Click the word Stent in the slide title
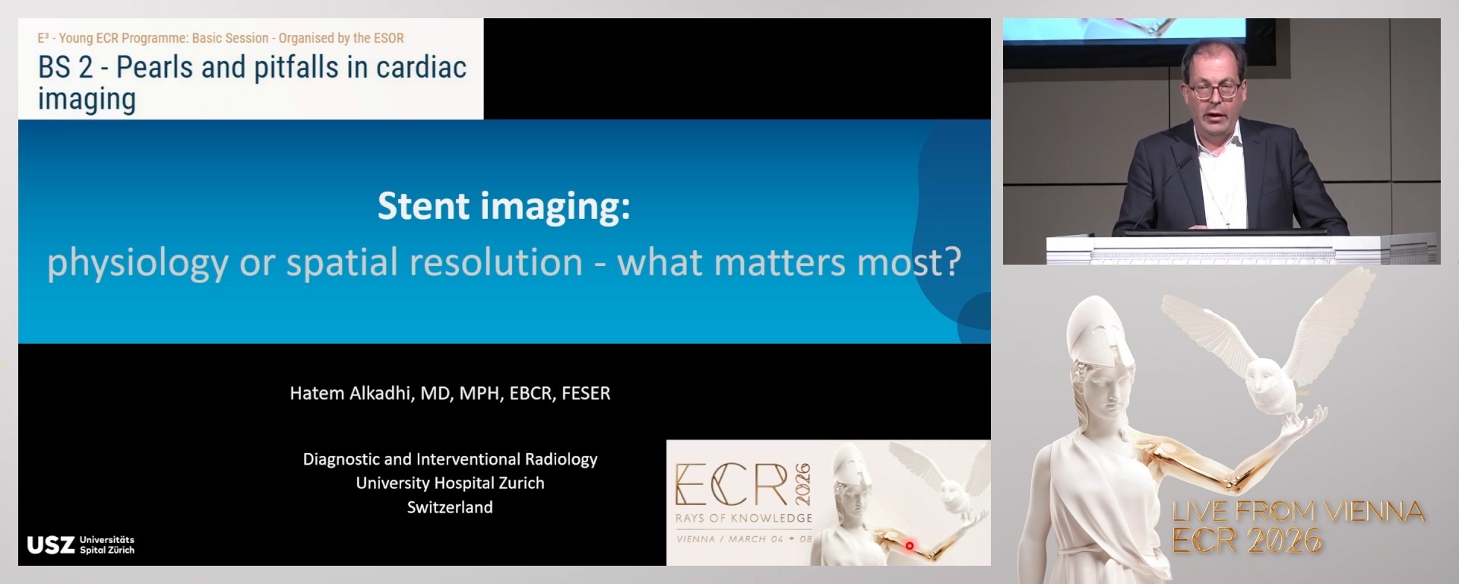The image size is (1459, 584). tap(423, 206)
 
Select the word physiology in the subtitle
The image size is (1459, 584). tap(138, 263)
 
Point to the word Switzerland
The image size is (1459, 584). tap(450, 507)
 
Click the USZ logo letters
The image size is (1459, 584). tap(51, 545)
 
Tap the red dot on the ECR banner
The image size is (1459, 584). tap(910, 546)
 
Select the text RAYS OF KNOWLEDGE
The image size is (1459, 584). tap(744, 518)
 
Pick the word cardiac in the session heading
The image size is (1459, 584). tap(421, 68)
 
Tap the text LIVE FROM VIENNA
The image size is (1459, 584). tap(1298, 511)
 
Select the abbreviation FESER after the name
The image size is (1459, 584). tap(586, 393)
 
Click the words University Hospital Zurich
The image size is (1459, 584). tap(450, 483)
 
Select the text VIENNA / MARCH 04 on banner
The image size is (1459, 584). tap(729, 539)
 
